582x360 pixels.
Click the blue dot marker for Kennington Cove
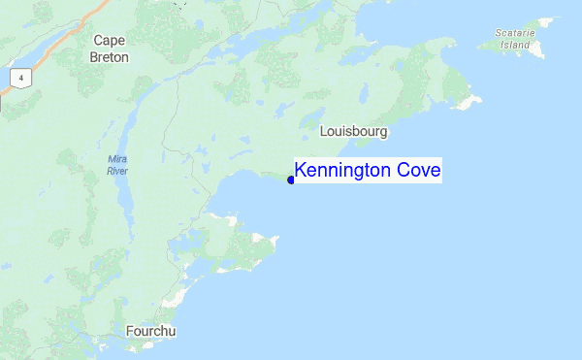click(291, 180)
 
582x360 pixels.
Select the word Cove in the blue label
click(417, 171)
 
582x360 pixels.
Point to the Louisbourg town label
click(353, 130)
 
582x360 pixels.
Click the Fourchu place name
click(151, 331)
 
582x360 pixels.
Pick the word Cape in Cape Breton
click(111, 40)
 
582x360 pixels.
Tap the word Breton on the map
click(111, 56)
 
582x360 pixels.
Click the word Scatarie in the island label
click(514, 33)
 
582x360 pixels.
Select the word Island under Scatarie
click(514, 45)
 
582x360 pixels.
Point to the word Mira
click(116, 158)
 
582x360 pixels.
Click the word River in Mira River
click(116, 171)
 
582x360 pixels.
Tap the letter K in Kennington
click(300, 171)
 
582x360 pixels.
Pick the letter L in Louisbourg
click(323, 130)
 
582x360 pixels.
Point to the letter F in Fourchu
click(130, 331)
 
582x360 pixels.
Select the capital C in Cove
click(402, 171)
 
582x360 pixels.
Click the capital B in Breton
click(93, 56)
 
